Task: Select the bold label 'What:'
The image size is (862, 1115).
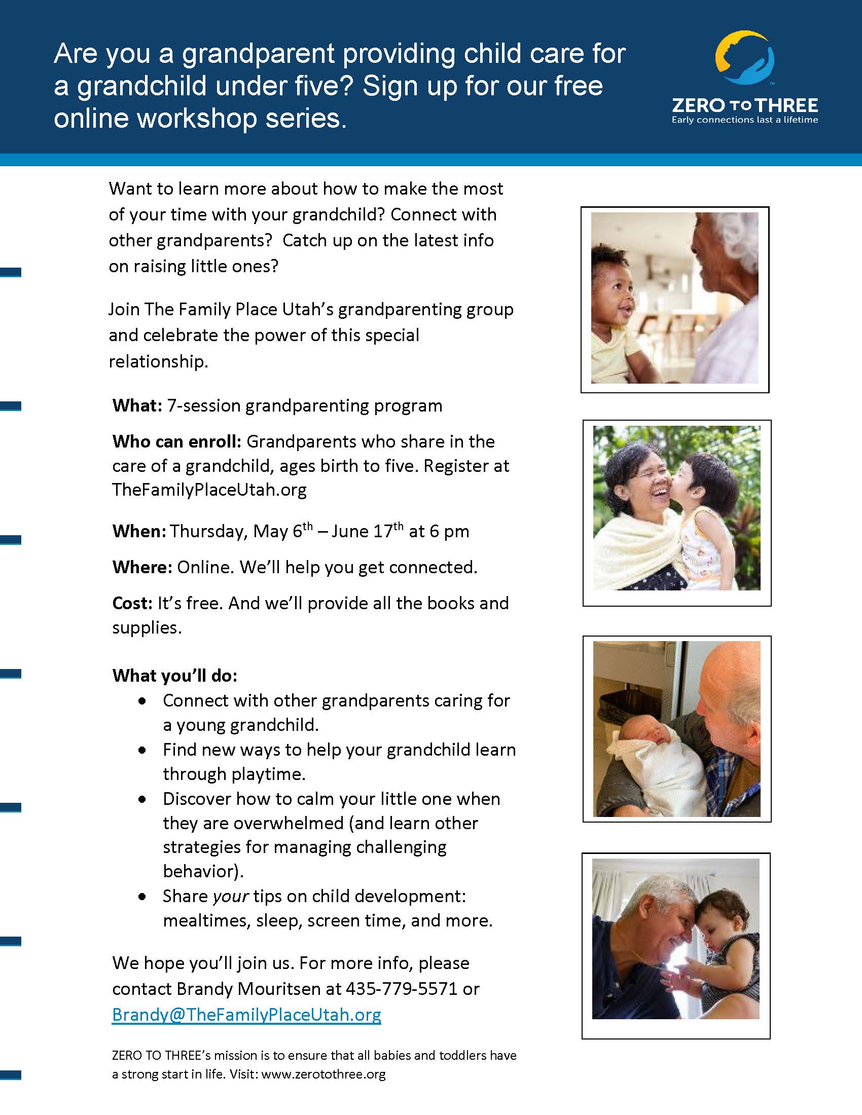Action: (137, 406)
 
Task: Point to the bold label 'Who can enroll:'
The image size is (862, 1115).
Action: (176, 441)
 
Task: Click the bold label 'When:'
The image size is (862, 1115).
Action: (139, 532)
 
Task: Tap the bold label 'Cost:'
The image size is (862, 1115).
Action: (132, 604)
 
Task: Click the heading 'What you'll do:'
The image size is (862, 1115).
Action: (174, 676)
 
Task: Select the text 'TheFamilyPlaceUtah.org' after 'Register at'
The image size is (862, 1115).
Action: (209, 490)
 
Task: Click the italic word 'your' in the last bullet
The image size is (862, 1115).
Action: (231, 897)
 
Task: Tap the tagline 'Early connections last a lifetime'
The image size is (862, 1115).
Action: (744, 120)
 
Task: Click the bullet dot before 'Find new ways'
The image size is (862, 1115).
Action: (142, 751)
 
